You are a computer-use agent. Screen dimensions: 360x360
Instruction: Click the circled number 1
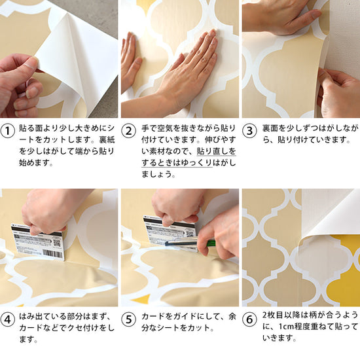[8, 131]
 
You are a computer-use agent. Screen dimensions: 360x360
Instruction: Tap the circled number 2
[128, 131]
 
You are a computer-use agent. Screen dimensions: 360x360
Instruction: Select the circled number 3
[249, 131]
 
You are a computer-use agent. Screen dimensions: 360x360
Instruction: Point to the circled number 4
[8, 319]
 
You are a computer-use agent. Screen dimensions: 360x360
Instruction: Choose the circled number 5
[128, 319]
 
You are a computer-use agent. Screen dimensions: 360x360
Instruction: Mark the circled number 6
[249, 319]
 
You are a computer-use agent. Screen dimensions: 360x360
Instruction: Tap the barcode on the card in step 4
[52, 254]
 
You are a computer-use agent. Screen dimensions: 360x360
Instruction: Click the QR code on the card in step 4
[56, 243]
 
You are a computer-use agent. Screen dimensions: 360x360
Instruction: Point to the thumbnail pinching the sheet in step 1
[30, 65]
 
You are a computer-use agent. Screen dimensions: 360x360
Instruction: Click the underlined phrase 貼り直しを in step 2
[216, 151]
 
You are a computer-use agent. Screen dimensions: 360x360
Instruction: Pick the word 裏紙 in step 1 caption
[107, 139]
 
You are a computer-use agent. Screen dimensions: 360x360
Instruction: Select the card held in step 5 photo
[170, 232]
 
